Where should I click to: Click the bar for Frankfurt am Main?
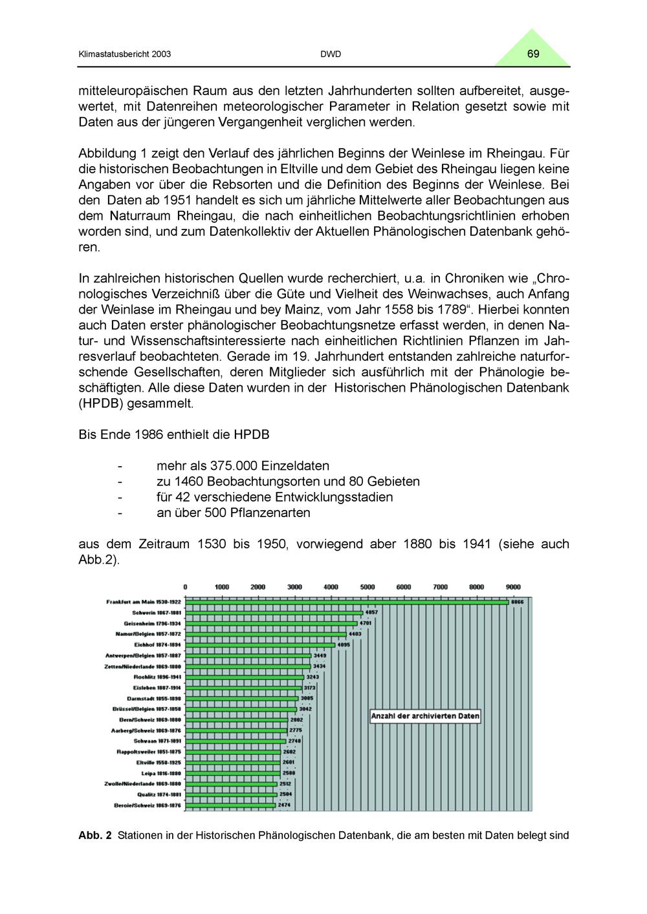(x=347, y=602)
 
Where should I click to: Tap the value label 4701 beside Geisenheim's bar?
(x=366, y=623)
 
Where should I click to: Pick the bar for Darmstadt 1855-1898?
(x=242, y=698)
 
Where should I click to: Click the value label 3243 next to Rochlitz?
(x=313, y=677)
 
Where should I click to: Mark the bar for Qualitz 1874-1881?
(x=231, y=794)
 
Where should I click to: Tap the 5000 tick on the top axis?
(x=367, y=587)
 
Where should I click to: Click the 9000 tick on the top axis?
(x=513, y=587)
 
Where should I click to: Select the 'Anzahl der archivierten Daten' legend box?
(x=425, y=716)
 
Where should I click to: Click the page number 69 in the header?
(x=533, y=54)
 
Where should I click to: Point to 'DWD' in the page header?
(x=331, y=54)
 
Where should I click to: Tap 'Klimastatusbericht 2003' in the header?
(x=124, y=54)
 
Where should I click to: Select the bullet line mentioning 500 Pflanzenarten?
(x=233, y=513)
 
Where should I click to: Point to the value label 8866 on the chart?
(x=518, y=602)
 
